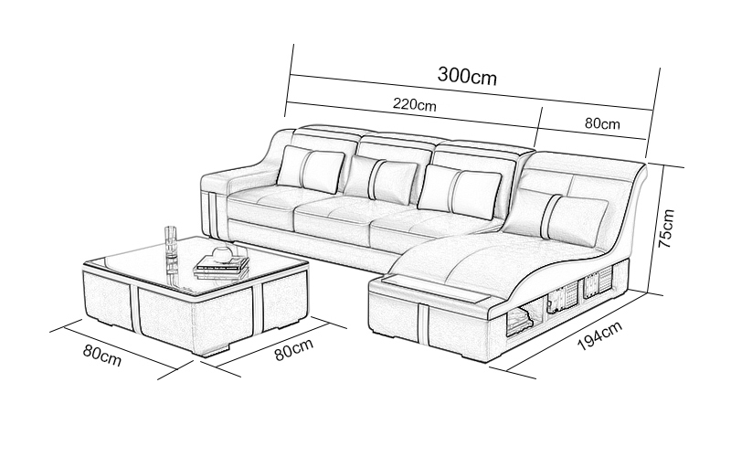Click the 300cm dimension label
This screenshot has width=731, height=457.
(467, 76)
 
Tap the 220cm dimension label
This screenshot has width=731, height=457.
(415, 104)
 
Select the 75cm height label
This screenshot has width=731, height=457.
(667, 228)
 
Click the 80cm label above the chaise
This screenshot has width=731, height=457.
(602, 123)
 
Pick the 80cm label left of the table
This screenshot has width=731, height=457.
(102, 356)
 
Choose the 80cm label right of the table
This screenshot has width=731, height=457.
(293, 349)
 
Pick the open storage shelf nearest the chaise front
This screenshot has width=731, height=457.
(519, 321)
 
